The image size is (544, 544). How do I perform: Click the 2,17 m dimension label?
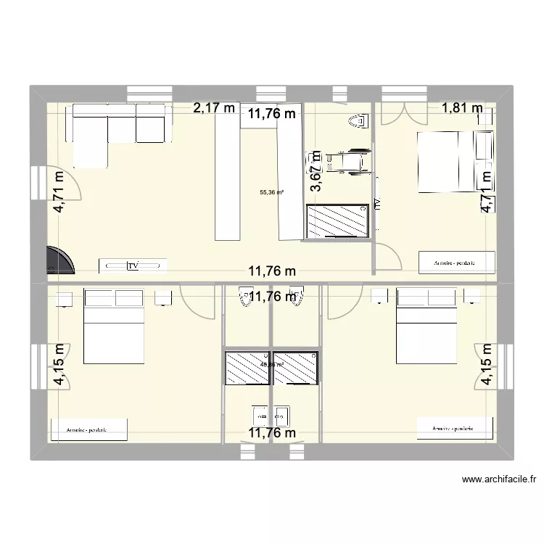214,109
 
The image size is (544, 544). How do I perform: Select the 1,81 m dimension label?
462,109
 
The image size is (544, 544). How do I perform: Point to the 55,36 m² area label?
272,192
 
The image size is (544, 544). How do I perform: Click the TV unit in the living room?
133,265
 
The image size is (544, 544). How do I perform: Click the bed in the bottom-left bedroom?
114,326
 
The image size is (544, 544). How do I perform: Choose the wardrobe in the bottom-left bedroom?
88,429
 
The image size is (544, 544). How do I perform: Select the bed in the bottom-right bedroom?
426,326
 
